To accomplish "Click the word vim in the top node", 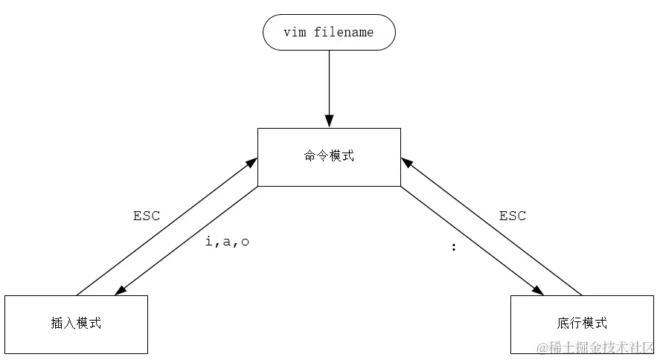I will point(295,33).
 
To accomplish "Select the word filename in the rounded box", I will point(344,33).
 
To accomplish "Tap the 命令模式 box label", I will point(329,156).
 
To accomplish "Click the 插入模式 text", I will point(76,323).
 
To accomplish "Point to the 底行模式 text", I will point(582,323).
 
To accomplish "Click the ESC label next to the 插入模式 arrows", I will point(147,216).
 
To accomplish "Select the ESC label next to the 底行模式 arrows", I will point(513,216).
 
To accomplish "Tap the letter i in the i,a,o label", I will point(209,242).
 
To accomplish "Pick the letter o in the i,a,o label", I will point(245,242).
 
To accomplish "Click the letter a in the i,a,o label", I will point(227,242).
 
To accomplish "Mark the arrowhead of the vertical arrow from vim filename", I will point(329,121).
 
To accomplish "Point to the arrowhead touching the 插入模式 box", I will point(118,290).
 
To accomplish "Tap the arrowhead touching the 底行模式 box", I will point(539,291).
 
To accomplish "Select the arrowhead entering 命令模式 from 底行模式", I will point(406,162).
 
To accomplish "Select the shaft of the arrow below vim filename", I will point(329,82).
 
